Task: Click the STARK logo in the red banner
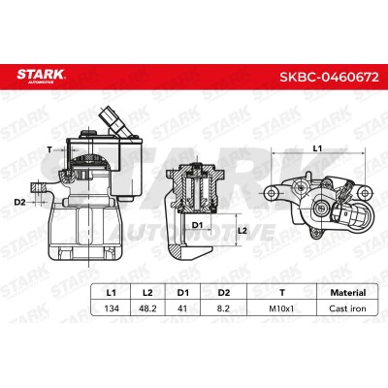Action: point(41,77)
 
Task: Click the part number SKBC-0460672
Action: point(329,77)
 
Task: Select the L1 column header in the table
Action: point(111,293)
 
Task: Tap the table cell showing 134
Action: point(112,308)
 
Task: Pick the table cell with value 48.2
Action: point(147,308)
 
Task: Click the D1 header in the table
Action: point(182,293)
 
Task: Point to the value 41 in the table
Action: point(182,308)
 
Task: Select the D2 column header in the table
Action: point(223,293)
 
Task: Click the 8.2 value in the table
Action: point(223,308)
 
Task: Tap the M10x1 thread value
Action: point(281,308)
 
